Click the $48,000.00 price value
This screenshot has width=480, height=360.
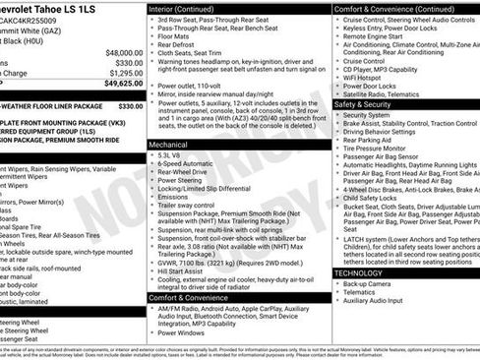(118, 52)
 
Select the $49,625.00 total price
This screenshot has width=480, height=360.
(118, 85)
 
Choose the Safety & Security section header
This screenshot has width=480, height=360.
(370, 103)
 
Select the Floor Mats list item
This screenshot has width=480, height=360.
(176, 36)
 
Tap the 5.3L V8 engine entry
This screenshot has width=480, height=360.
(169, 155)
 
